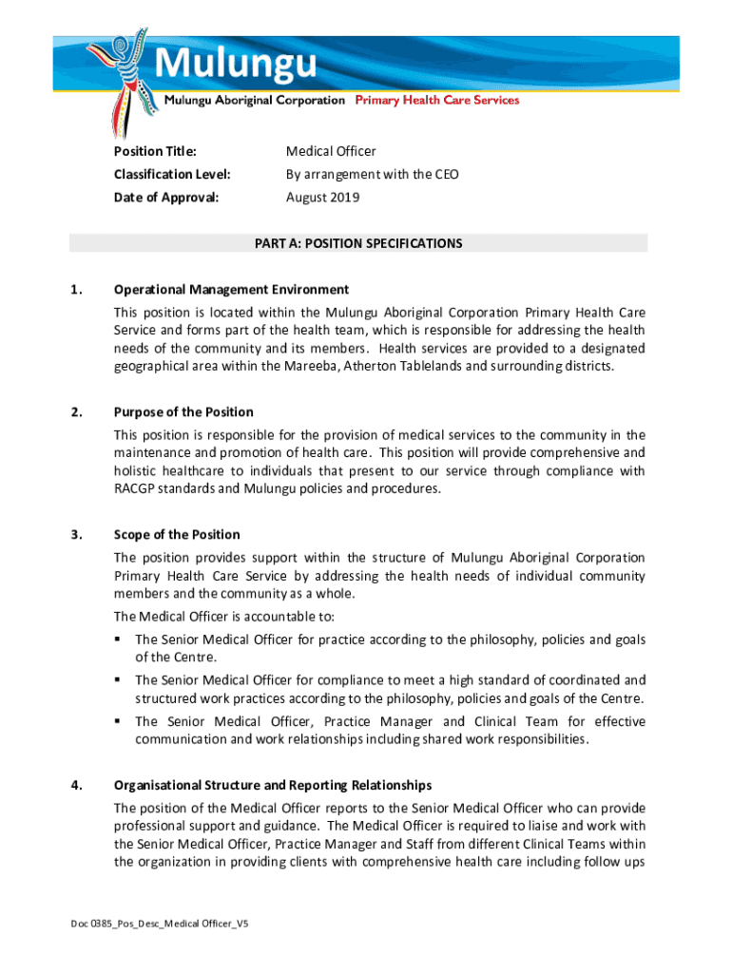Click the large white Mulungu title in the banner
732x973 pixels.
[x=235, y=65]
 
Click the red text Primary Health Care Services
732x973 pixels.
[x=437, y=101]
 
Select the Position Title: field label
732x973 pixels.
[x=155, y=152]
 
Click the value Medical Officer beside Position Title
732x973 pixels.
[x=331, y=152]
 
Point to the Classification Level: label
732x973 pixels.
[x=172, y=175]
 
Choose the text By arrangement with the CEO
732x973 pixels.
[x=372, y=175]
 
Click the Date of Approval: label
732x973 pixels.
[x=165, y=198]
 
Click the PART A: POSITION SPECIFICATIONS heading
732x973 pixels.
[x=357, y=243]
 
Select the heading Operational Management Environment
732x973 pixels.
[x=231, y=290]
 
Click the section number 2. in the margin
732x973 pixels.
[x=75, y=412]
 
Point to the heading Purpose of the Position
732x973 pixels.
[x=183, y=412]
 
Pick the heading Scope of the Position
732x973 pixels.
[x=177, y=535]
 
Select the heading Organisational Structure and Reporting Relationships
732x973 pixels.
[x=273, y=786]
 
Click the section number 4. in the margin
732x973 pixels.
[x=75, y=786]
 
